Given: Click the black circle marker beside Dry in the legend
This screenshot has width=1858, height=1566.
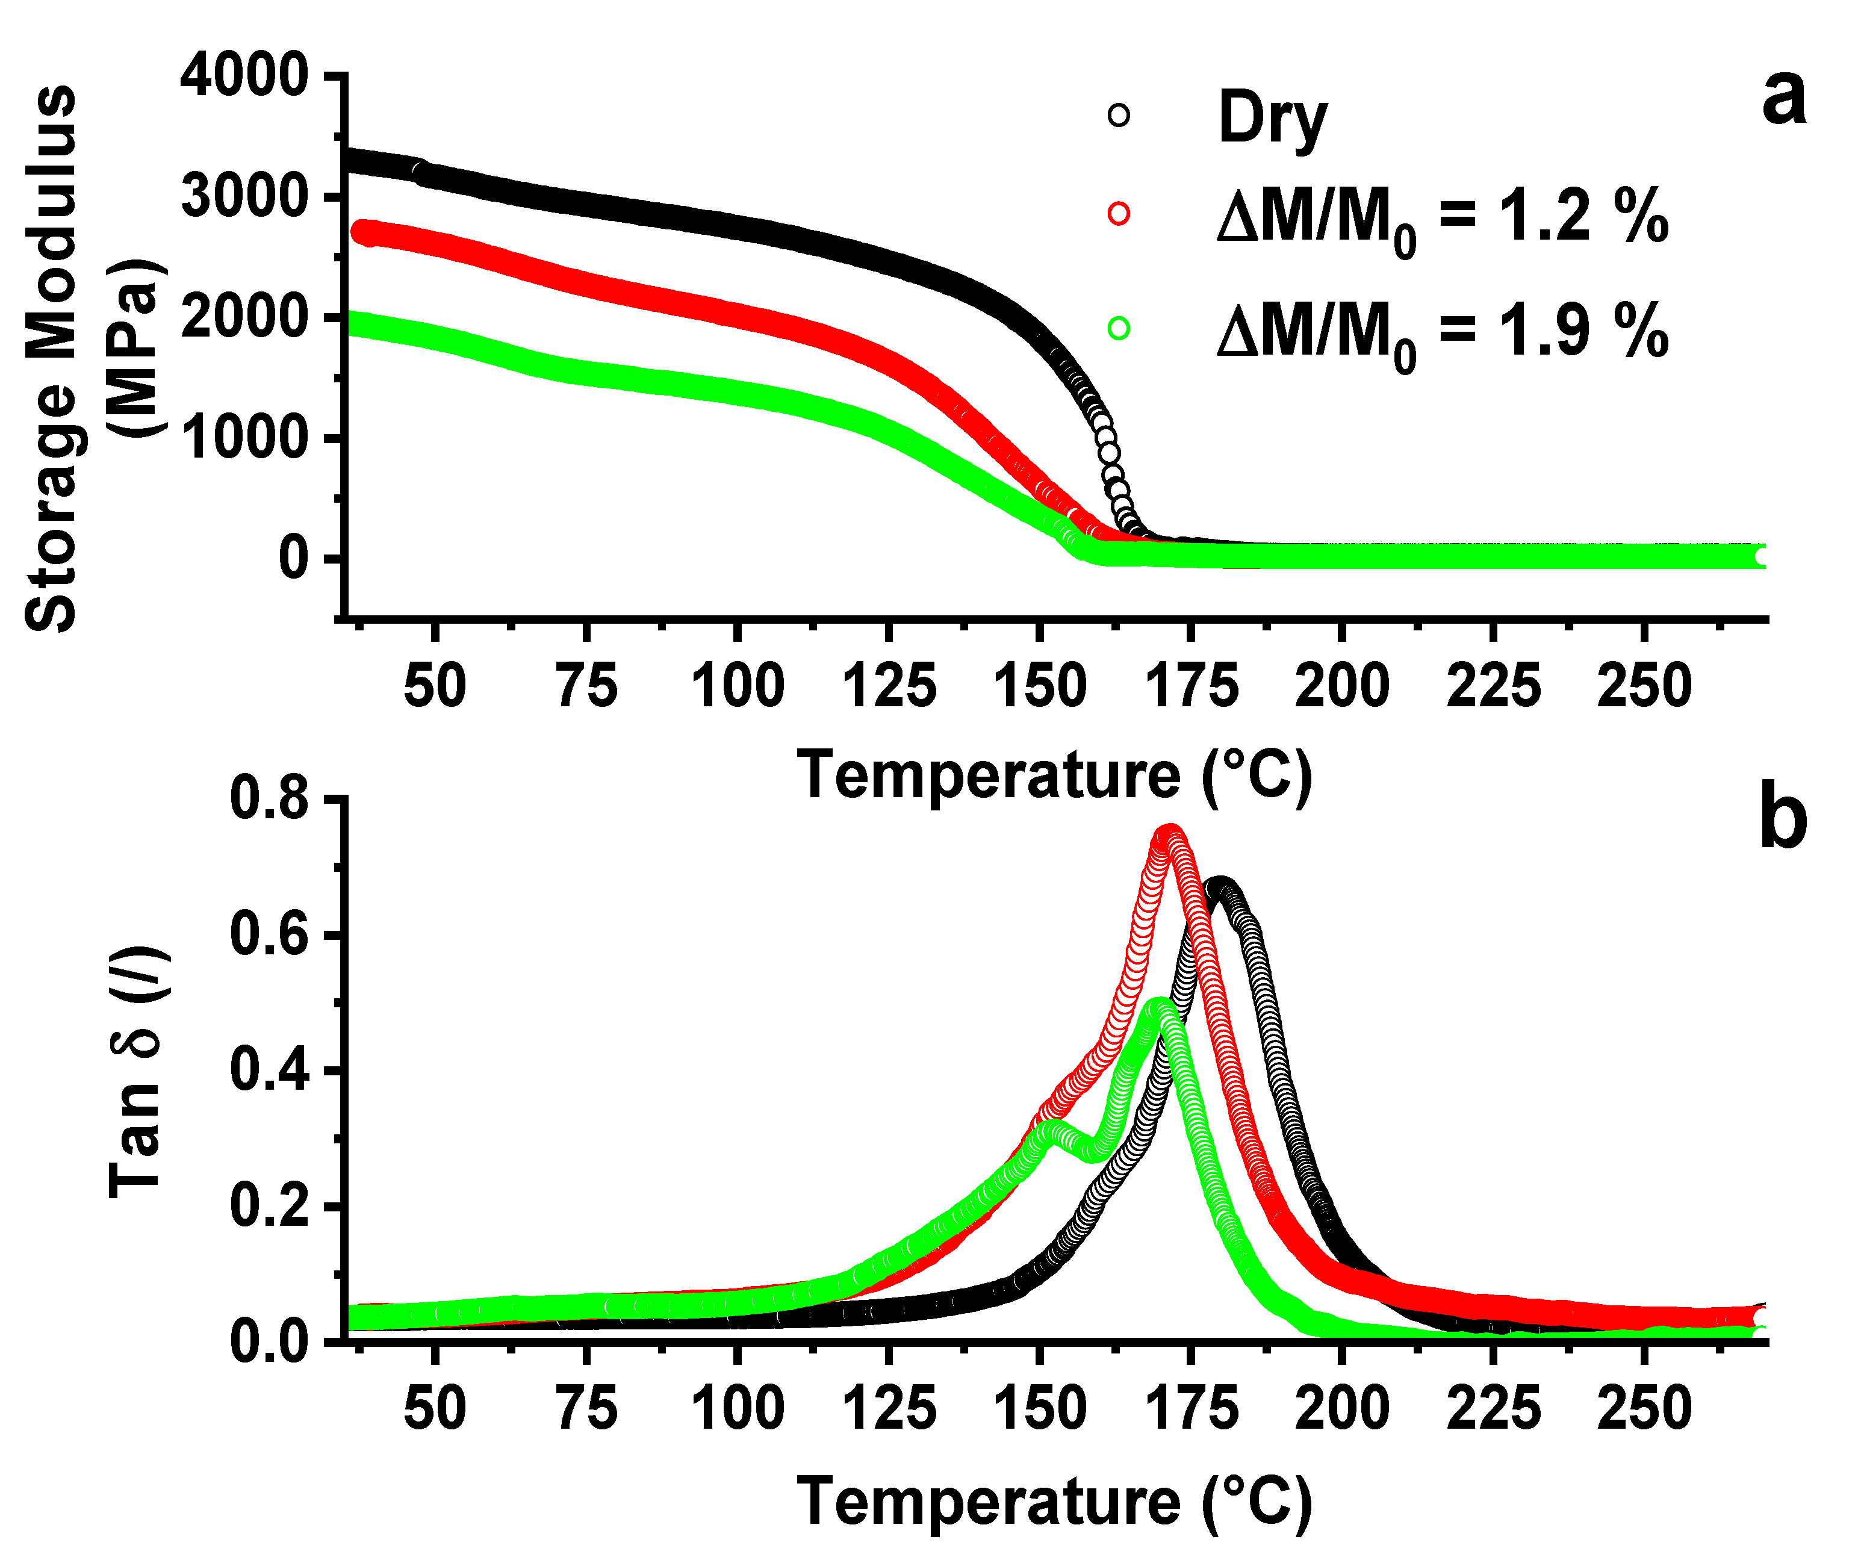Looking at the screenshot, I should pyautogui.click(x=1119, y=116).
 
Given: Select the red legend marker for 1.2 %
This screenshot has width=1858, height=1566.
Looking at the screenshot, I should pyautogui.click(x=1119, y=214).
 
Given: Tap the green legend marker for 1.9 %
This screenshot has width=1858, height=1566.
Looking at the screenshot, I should pyautogui.click(x=1119, y=329).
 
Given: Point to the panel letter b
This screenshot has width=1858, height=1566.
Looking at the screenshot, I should pyautogui.click(x=1783, y=818).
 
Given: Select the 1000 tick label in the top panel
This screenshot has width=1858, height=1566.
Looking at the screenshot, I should pyautogui.click(x=244, y=438).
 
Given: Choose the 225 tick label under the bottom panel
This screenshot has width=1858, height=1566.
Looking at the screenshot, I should pyautogui.click(x=1494, y=1409).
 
